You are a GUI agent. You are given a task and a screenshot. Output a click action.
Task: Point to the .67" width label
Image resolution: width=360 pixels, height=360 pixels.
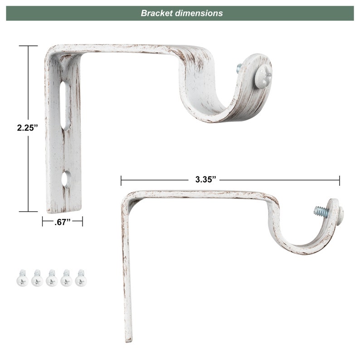[x=62, y=222]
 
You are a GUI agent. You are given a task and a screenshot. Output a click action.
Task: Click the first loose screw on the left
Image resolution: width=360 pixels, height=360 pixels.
[x=22, y=278]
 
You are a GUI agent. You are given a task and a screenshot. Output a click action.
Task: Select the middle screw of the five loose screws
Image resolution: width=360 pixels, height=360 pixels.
[x=52, y=278]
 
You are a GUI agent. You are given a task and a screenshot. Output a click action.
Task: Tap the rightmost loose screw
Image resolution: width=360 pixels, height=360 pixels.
[x=81, y=278]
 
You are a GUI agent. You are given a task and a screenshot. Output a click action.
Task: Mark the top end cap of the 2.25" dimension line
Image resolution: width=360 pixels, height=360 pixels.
[x=29, y=46]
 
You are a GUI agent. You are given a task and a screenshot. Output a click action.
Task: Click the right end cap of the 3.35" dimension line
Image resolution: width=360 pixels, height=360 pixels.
[x=339, y=180]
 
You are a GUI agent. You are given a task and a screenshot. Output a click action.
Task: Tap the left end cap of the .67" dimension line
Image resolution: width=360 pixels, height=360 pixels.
[x=43, y=221]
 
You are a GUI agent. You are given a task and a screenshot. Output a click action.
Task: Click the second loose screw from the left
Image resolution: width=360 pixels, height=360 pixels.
[x=37, y=278]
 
